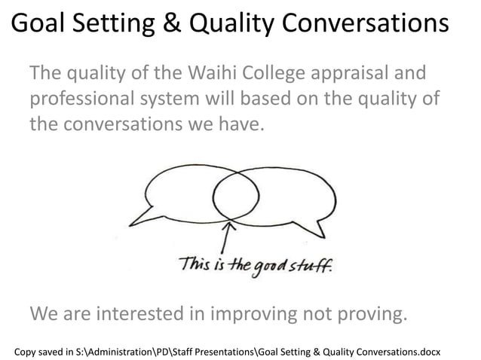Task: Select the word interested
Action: coord(163,311)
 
